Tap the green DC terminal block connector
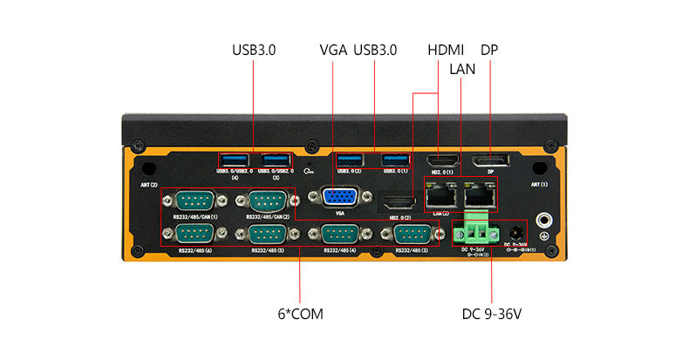point(476,233)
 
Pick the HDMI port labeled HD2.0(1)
point(443,161)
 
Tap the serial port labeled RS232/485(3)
point(413,234)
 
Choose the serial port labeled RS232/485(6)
point(194,234)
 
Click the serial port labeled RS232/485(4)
point(340,234)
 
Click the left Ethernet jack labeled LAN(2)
point(440,195)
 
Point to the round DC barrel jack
point(515,234)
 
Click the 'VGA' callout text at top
point(334,51)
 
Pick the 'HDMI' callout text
point(446,51)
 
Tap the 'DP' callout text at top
point(489,51)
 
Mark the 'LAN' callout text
point(462,69)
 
